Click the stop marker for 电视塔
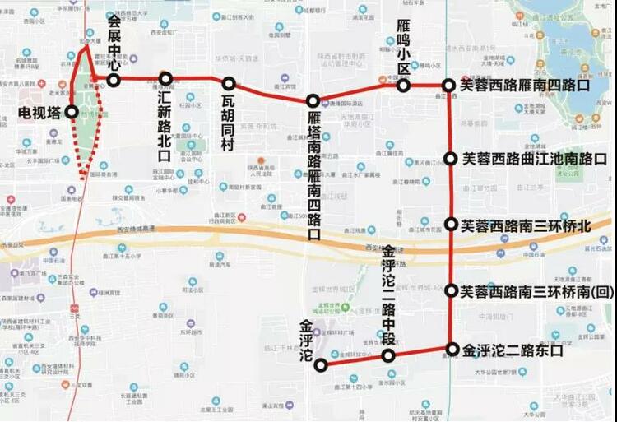tap(72, 112)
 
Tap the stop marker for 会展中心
tap(114, 80)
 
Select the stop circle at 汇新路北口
tap(166, 79)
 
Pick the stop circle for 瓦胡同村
tap(229, 84)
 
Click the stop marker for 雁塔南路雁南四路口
tap(313, 101)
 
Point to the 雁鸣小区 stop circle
tap(404, 86)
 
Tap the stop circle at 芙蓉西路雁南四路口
tap(449, 85)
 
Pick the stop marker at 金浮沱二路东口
tap(452, 349)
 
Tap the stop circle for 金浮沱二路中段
tap(389, 355)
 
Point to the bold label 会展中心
tap(114, 40)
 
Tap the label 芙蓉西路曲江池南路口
tap(534, 159)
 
